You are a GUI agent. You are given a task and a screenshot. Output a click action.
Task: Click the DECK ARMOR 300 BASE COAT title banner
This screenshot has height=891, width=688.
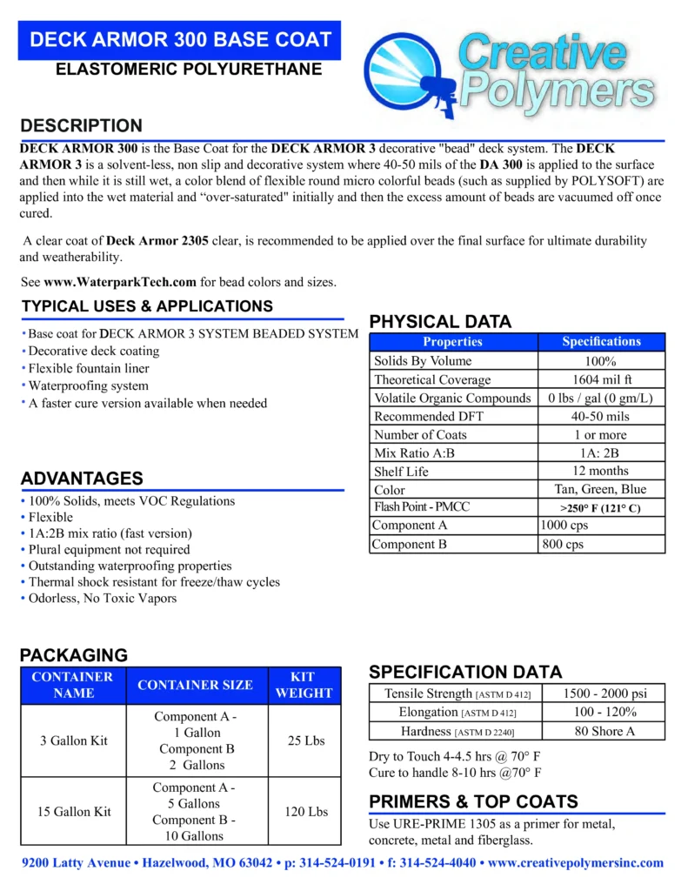180,39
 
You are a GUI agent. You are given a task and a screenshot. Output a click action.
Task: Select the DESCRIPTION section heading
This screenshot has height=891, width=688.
81,125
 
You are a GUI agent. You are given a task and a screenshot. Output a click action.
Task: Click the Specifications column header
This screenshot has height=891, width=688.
601,342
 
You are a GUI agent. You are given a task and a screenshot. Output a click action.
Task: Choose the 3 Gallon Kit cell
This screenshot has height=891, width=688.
74,740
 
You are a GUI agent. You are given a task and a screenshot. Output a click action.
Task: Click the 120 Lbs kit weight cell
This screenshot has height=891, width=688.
306,812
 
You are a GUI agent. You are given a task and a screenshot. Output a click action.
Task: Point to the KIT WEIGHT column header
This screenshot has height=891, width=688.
304,685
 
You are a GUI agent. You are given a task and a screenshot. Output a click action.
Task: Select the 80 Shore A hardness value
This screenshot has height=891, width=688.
604,731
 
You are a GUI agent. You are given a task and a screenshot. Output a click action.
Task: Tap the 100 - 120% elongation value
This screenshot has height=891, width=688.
604,712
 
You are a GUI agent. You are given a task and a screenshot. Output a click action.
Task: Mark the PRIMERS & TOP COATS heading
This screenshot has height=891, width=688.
473,801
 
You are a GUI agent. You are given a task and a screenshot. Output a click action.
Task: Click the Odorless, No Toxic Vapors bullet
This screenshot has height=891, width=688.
103,598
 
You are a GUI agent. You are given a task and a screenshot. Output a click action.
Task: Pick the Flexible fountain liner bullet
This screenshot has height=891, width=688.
89,369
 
